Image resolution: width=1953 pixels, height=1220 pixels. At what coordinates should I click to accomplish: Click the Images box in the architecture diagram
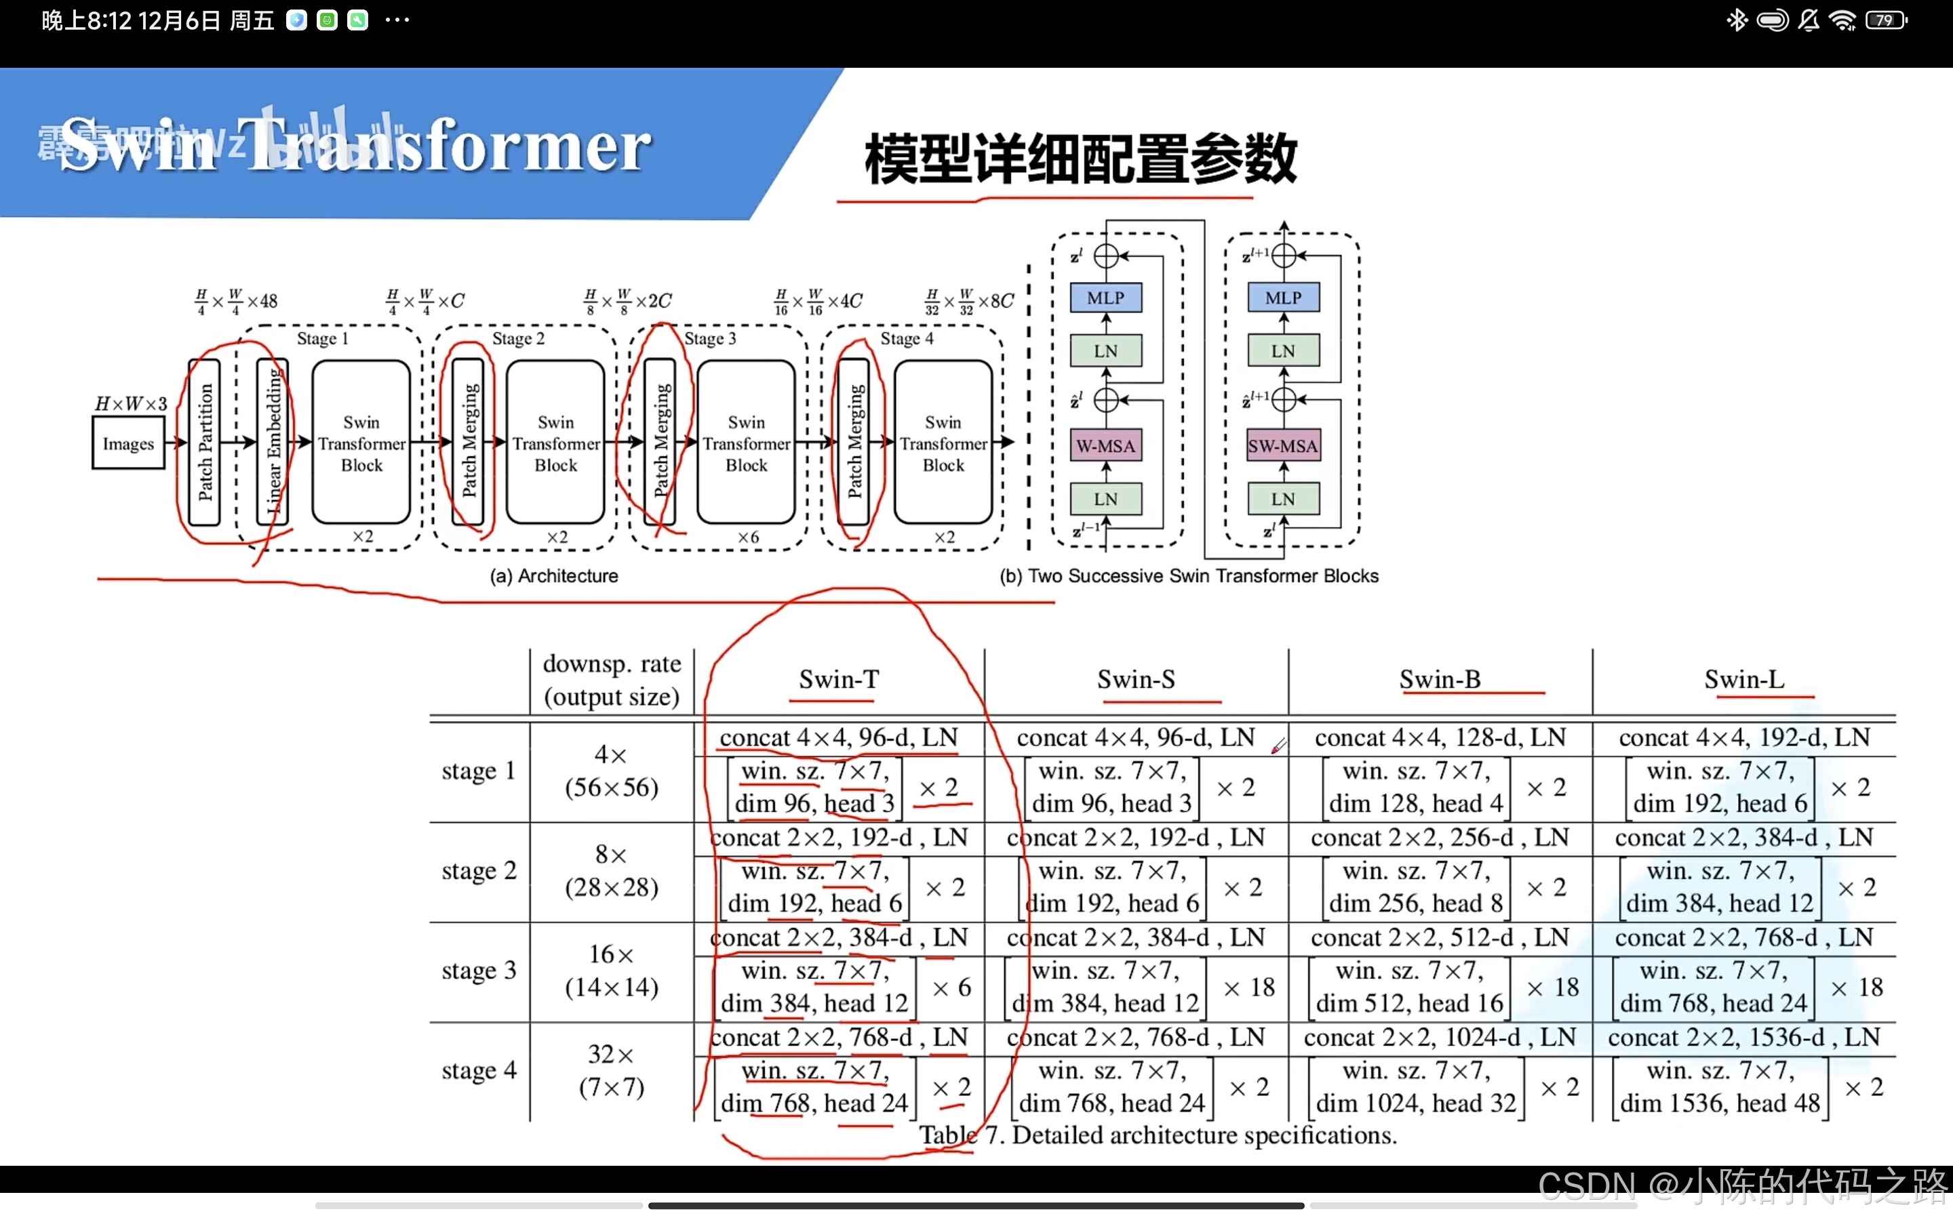click(x=128, y=443)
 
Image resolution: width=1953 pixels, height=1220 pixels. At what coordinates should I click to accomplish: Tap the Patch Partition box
click(x=205, y=442)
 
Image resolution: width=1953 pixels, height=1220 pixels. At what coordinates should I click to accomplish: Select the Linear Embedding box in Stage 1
click(x=273, y=442)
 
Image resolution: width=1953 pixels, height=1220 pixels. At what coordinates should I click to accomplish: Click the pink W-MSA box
click(x=1105, y=445)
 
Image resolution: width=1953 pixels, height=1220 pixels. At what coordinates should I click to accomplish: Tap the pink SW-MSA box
click(x=1283, y=445)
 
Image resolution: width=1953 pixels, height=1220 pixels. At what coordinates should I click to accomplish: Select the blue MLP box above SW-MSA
click(x=1283, y=298)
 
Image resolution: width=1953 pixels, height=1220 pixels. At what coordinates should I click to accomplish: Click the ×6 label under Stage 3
click(x=748, y=537)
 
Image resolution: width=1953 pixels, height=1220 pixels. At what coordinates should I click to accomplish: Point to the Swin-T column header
click(x=838, y=679)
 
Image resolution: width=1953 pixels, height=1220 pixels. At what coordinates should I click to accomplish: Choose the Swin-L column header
click(x=1744, y=679)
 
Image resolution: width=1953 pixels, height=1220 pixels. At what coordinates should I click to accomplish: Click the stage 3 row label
click(x=479, y=971)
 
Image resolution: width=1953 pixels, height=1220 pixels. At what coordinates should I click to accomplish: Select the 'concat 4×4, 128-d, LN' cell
click(x=1440, y=737)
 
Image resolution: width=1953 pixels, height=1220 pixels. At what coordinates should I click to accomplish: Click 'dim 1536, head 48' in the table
click(x=1720, y=1103)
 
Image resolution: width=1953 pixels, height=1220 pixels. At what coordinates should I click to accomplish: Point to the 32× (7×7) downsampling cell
click(x=611, y=1071)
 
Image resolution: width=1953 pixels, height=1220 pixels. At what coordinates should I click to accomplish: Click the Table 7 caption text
click(x=1158, y=1135)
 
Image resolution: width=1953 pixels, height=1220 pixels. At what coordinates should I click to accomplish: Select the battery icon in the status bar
click(x=1886, y=20)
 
